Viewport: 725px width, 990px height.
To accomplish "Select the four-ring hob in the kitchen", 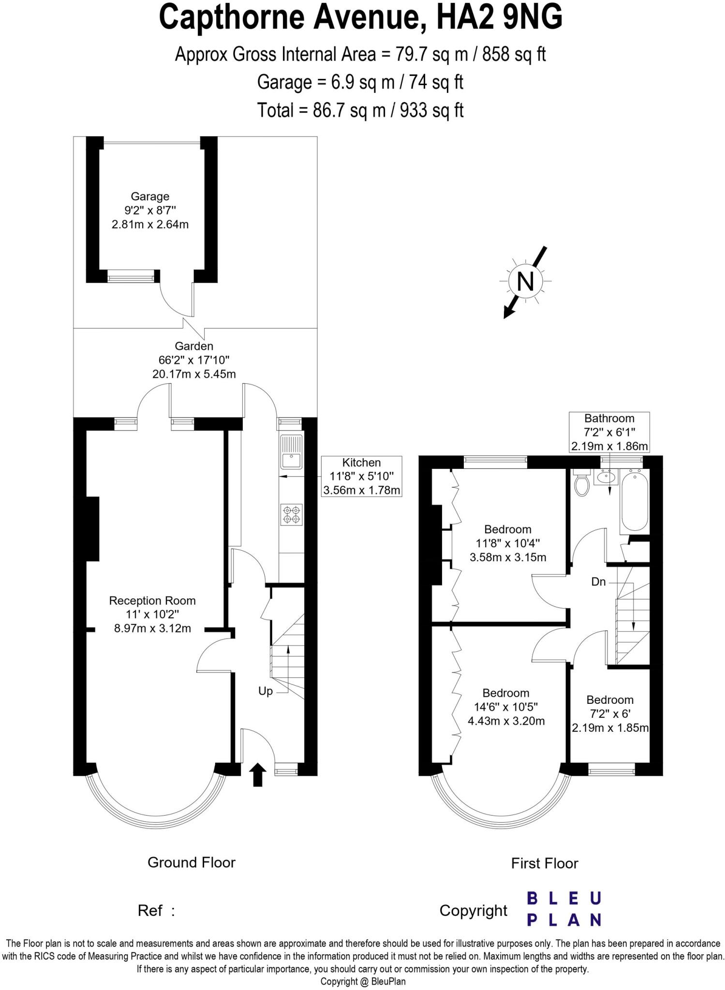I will click(292, 514).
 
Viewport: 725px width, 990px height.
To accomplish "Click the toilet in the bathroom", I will click(581, 483).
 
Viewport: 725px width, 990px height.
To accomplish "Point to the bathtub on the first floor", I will click(634, 502).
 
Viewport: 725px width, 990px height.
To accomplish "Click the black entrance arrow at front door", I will click(258, 774).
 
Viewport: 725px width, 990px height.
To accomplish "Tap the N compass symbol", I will click(525, 281).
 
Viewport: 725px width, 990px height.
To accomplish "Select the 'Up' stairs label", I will click(266, 691).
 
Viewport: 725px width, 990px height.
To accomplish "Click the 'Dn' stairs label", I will click(598, 582).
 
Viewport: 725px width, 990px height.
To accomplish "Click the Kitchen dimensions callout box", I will click(361, 476).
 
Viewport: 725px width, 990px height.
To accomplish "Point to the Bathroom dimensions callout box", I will click(609, 432).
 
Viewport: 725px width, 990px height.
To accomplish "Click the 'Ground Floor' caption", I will click(192, 862).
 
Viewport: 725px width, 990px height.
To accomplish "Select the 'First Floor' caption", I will click(544, 863).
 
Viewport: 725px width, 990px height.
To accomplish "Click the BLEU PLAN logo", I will click(564, 909).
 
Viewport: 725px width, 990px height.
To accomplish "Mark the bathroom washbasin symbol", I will click(606, 478).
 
